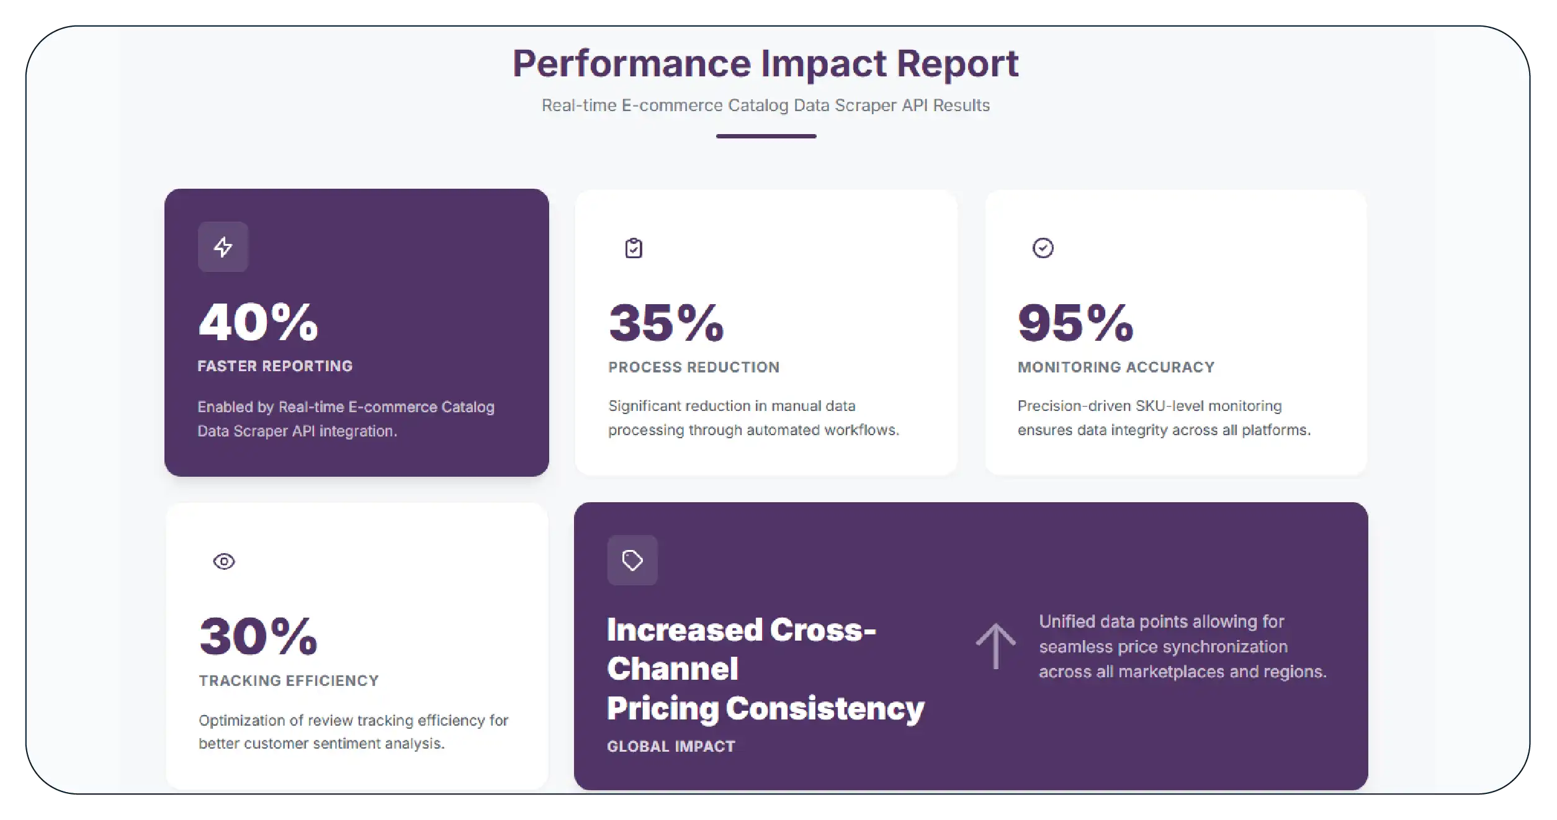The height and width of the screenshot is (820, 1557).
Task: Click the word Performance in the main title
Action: click(631, 64)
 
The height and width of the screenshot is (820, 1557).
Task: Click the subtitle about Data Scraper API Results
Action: click(765, 106)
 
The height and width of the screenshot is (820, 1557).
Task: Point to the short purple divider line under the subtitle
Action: click(766, 136)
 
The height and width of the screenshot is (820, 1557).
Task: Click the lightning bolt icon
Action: click(223, 247)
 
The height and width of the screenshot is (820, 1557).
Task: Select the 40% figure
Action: click(258, 322)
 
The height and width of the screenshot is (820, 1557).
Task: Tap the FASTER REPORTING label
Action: click(275, 366)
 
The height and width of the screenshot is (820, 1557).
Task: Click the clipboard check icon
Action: click(634, 248)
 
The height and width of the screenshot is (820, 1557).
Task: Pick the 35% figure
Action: click(666, 323)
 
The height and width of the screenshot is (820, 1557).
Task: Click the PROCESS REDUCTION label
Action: click(694, 367)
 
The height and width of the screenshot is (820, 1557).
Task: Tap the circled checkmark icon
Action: click(1043, 248)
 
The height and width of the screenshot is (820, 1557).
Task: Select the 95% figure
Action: click(1075, 323)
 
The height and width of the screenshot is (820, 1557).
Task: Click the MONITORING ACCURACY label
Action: click(1116, 367)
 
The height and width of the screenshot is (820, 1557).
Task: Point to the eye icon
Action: click(224, 562)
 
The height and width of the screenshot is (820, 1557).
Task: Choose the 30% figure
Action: click(258, 636)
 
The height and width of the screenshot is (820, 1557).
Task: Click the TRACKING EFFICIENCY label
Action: click(289, 681)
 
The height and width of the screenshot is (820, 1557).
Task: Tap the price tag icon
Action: click(632, 561)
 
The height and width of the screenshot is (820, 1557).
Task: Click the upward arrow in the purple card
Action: click(995, 646)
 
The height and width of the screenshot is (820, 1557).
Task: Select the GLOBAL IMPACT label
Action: click(671, 747)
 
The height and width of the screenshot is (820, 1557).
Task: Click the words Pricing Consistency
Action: click(765, 708)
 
